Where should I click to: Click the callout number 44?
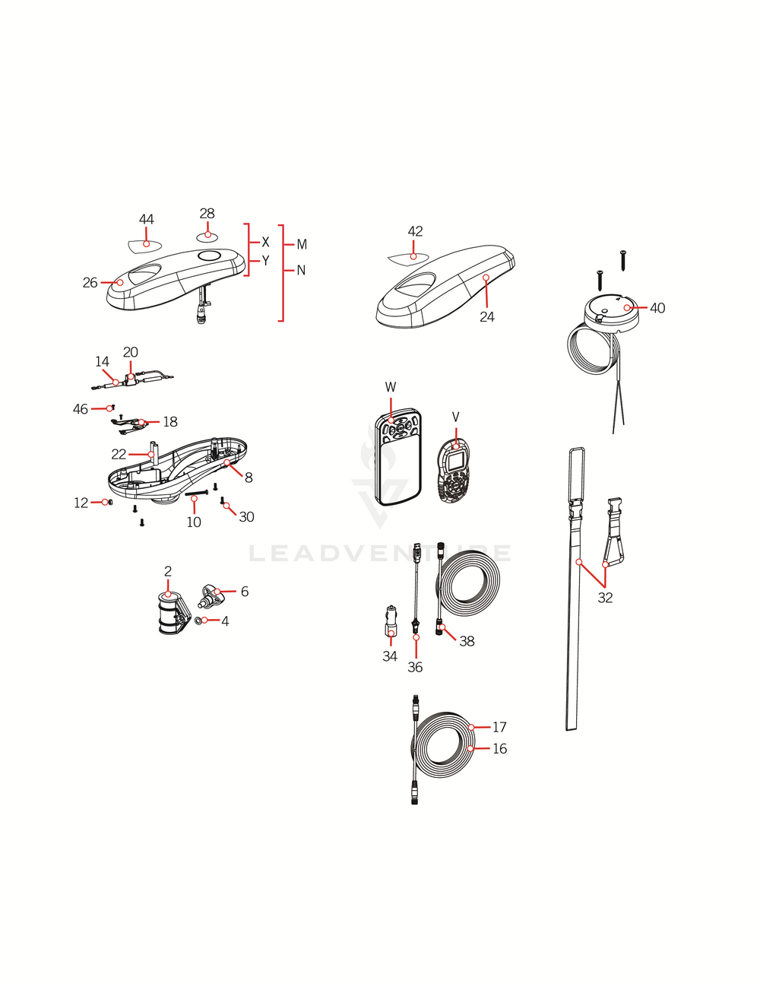pos(147,220)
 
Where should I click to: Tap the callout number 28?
pos(207,214)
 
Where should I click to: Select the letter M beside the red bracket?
pos(302,245)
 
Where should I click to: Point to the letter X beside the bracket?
pos(265,243)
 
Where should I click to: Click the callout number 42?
pos(415,231)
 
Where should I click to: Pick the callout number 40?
pos(657,308)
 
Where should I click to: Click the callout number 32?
pos(605,598)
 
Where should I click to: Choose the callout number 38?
pos(467,641)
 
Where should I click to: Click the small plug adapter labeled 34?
pos(391,621)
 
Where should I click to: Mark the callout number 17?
pos(499,727)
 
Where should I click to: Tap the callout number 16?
pos(499,748)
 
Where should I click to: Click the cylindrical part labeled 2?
pos(170,613)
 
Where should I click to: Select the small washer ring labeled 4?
pos(199,621)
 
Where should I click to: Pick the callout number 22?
pos(119,454)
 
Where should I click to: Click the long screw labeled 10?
pos(196,494)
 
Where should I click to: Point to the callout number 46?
pos(81,409)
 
